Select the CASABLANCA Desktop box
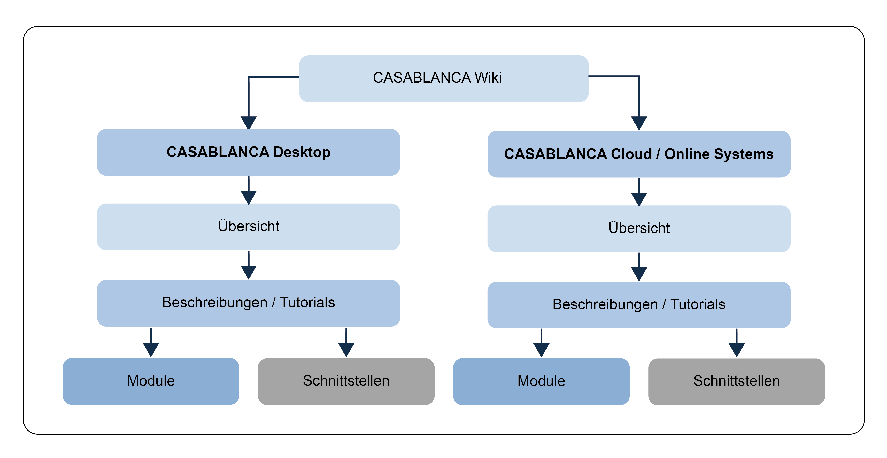click(x=248, y=152)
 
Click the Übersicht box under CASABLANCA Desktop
click(x=248, y=226)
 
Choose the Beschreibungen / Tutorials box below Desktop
click(x=248, y=303)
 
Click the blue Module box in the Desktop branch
click(x=151, y=381)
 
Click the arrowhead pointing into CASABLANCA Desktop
click(x=248, y=122)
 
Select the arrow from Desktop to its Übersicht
click(x=248, y=193)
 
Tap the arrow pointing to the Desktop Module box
click(x=151, y=346)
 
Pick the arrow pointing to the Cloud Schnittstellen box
click(x=737, y=346)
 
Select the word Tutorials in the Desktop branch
click(x=307, y=303)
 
